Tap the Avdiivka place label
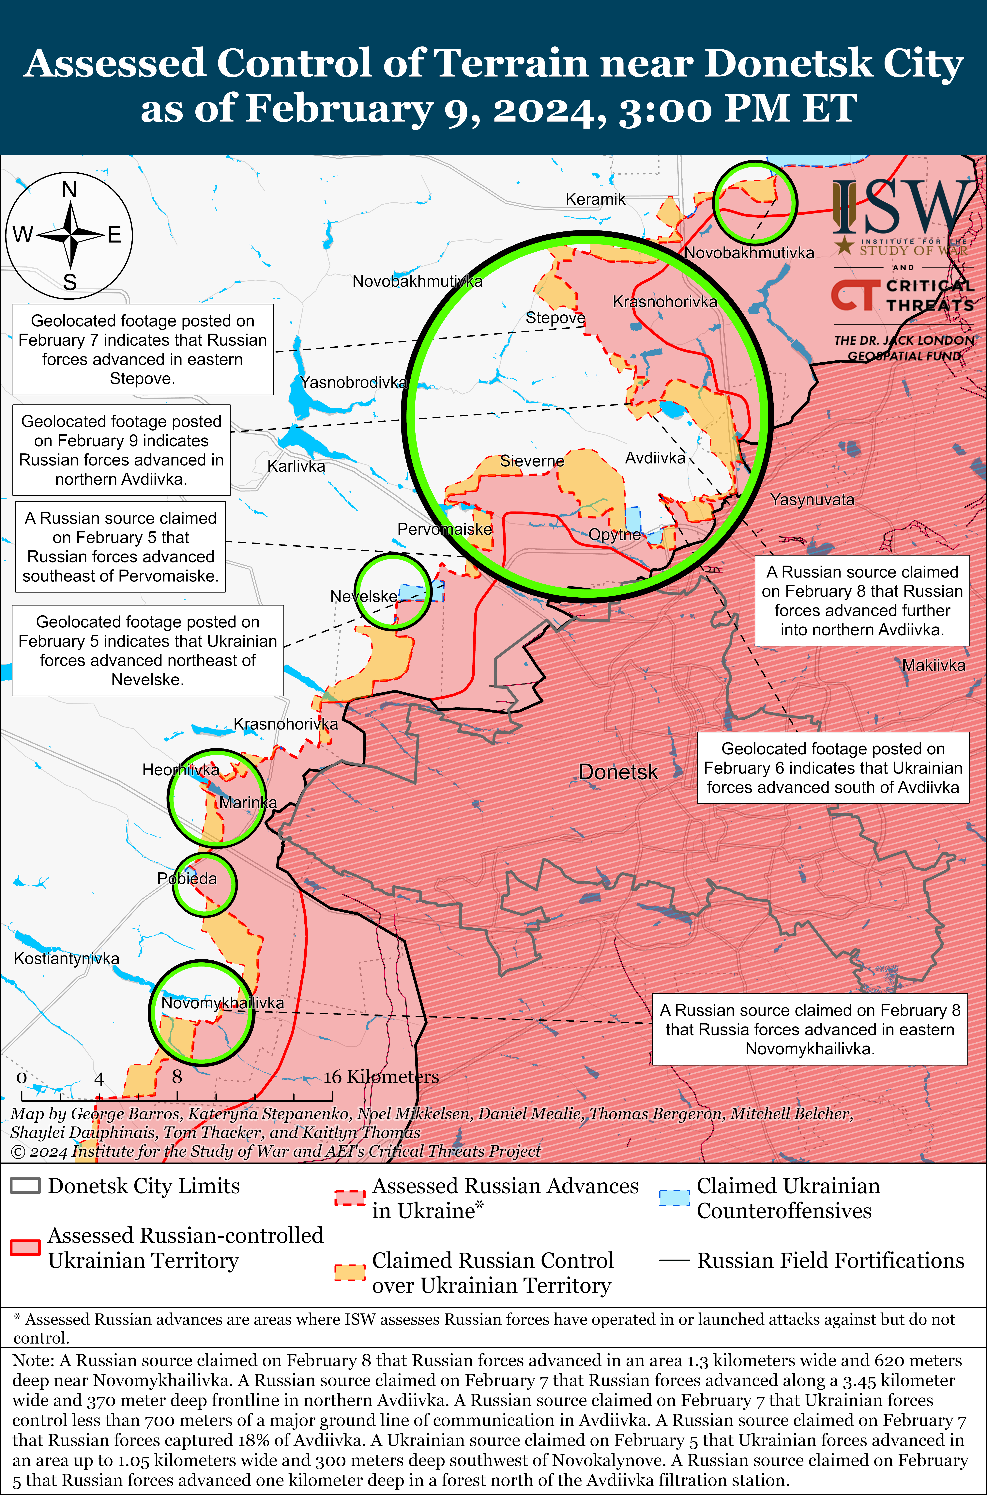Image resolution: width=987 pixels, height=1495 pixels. pyautogui.click(x=655, y=458)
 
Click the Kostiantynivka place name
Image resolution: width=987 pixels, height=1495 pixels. pyautogui.click(x=67, y=958)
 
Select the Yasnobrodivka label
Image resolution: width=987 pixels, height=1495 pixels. pyautogui.click(x=354, y=382)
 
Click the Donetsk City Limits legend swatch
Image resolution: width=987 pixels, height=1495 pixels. pyautogui.click(x=25, y=1186)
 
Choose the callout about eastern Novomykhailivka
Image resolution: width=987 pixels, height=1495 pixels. pyautogui.click(x=810, y=1029)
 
